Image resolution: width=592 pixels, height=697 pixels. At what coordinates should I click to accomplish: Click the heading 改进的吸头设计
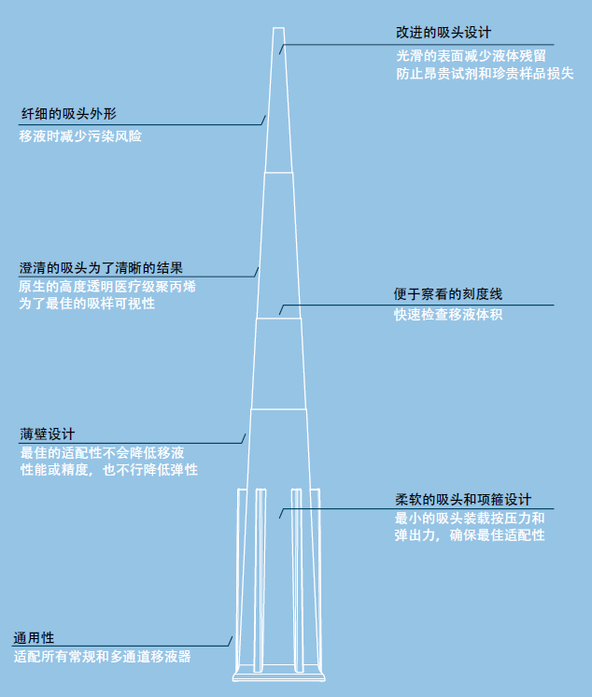point(444,33)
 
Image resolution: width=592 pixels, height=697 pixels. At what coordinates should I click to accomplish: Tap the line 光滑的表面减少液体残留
point(471,56)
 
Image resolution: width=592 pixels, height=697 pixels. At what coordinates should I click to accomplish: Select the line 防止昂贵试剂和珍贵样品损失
point(485,74)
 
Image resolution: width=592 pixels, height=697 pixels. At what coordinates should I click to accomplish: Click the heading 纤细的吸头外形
point(69,114)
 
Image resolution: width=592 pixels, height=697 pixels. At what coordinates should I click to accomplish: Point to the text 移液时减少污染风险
point(80,136)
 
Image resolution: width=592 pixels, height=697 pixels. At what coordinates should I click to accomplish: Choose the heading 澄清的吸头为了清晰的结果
point(101,268)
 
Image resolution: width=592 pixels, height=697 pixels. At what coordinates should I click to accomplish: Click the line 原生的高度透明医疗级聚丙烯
point(107,286)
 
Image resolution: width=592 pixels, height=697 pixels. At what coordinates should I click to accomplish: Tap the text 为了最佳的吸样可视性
point(87,304)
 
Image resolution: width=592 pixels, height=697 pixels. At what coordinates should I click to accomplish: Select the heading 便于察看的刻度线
point(447,293)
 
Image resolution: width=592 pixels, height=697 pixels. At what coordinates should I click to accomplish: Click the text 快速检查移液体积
point(448,315)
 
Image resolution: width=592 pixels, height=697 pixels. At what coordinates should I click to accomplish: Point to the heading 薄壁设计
point(48,434)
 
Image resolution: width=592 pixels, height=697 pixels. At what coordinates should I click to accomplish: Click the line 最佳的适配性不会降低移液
point(102,453)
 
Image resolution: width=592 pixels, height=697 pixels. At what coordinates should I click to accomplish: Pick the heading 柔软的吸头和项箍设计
point(463,500)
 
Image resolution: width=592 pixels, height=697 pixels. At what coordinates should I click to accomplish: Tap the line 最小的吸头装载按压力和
point(470,519)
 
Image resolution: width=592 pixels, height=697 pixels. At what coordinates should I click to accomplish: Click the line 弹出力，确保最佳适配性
point(470,534)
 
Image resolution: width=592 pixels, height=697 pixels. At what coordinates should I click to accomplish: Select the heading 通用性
point(34,638)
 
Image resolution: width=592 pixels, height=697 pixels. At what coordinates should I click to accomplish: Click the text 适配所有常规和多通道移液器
point(102,657)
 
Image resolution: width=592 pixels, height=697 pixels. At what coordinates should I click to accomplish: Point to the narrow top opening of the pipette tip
point(278,28)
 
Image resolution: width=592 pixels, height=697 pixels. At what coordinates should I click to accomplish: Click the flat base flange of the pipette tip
point(279,677)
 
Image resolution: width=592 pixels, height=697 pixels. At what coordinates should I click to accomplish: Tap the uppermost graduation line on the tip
point(278,173)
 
